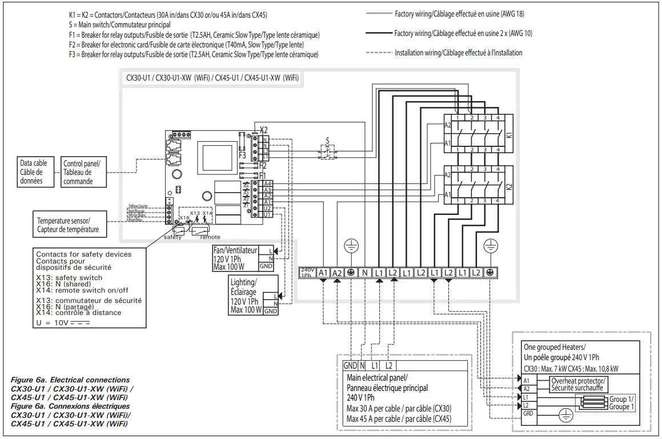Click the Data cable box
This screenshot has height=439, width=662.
(33, 172)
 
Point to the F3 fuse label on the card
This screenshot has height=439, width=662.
(243, 154)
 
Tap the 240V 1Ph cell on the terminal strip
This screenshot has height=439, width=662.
(308, 273)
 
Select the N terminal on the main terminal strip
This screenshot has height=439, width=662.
(365, 273)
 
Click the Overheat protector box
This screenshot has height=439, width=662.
(578, 384)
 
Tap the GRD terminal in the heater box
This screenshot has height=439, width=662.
(527, 413)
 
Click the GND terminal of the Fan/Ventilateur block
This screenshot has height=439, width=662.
(266, 266)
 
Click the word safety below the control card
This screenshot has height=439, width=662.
(172, 237)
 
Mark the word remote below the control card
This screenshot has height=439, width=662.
(210, 237)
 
